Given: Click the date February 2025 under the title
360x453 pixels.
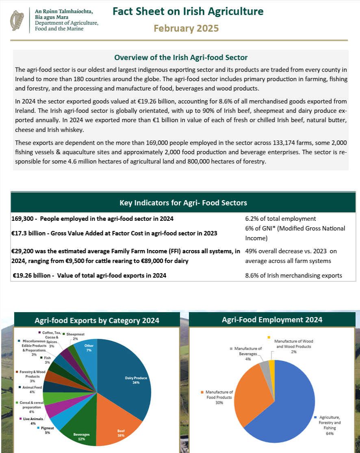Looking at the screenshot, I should coord(186,28).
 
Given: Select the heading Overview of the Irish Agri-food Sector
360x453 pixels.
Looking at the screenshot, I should coord(181,58).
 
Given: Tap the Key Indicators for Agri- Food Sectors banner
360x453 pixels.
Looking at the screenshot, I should coord(183,203).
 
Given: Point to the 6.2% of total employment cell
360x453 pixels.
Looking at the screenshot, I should coord(280,219).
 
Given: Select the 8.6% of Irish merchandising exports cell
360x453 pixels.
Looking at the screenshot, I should coord(293,276).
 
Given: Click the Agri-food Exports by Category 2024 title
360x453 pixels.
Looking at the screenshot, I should coord(97,320).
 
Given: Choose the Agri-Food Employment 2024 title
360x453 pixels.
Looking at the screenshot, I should coord(272,320).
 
